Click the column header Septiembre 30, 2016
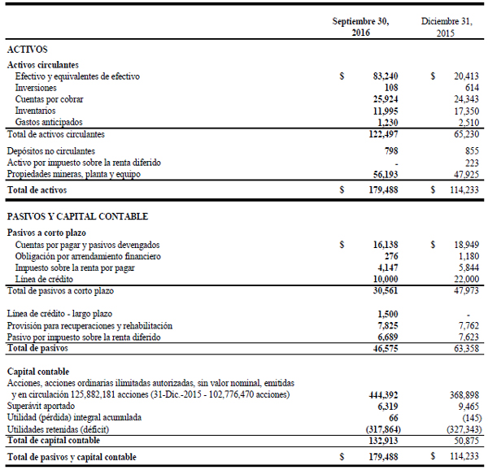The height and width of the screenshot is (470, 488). tap(361, 27)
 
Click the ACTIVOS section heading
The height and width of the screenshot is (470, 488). tap(27, 50)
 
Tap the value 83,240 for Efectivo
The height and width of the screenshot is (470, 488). tap(384, 76)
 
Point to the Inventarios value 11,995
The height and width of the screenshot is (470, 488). tap(384, 110)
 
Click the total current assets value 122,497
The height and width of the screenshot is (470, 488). tap(381, 133)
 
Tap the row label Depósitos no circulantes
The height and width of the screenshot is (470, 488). tap(50, 151)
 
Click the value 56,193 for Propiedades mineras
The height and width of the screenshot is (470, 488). tap(384, 174)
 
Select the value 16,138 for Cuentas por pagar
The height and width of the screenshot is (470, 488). tap(384, 245)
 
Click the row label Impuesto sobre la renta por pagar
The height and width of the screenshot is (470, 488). tap(75, 268)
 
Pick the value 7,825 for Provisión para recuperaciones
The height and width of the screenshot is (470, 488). tap(386, 325)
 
